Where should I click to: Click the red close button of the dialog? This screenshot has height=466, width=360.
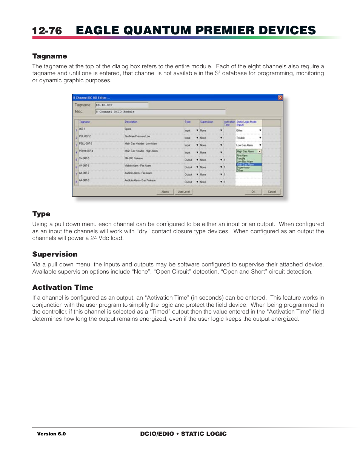pos(280,98)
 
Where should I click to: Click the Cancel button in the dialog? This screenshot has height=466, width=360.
pos(272,192)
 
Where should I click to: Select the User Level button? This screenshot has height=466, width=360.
pos(184,192)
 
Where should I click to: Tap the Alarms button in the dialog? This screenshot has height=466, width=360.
pos(165,192)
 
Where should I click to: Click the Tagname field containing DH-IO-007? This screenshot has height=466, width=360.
pos(122,105)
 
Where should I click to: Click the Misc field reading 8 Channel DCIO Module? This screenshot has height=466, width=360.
pos(160,112)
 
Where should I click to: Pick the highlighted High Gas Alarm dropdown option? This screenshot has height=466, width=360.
pos(248,165)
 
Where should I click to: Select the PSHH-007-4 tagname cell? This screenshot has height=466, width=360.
pos(86,151)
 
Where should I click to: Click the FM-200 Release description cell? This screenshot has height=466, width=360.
pos(134,158)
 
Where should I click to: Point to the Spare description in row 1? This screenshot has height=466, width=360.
pos(128,129)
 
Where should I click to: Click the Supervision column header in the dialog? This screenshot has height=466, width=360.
pos(206,122)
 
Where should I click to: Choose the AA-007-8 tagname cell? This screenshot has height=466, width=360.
pos(84,180)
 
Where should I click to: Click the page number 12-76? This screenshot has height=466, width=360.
pos(47,31)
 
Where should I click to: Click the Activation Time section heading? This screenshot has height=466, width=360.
pos(63,288)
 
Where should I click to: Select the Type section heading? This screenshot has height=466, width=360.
pos(41,214)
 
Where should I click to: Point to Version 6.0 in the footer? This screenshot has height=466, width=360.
pos(51,434)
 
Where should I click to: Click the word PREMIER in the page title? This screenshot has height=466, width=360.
pos(224,30)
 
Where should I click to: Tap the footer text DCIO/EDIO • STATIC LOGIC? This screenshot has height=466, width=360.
pos(183,434)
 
